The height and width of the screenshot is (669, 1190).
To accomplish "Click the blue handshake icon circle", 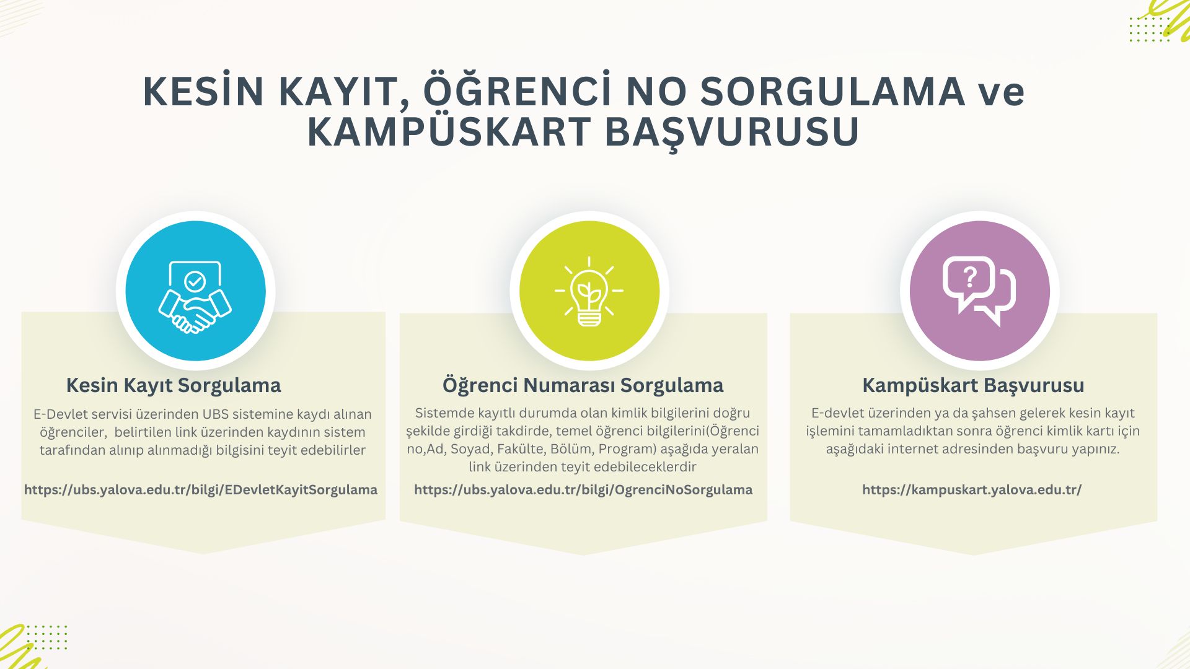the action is [x=195, y=291].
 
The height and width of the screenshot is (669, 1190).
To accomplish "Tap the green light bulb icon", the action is [x=589, y=291].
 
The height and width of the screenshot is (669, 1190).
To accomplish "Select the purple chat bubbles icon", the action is [x=979, y=291].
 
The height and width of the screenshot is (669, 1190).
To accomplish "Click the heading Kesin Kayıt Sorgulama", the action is [x=174, y=385].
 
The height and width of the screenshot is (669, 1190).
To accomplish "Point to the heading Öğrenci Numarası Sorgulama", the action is [x=583, y=385].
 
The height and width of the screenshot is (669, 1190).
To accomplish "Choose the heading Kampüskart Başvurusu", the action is [x=973, y=385].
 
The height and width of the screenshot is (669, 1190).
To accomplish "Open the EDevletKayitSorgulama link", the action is [x=201, y=490].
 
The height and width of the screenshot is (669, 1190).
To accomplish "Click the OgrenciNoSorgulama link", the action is [x=583, y=490].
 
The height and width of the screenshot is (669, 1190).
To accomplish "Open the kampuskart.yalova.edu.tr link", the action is [x=972, y=490].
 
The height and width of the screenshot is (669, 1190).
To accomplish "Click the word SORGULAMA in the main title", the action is [x=833, y=92].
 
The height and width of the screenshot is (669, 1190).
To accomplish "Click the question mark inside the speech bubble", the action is [x=970, y=278].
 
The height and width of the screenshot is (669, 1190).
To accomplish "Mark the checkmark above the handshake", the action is [x=195, y=282].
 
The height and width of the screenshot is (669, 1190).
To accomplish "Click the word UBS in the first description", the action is [x=216, y=414].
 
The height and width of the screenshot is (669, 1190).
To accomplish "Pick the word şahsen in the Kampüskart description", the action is [x=993, y=414].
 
